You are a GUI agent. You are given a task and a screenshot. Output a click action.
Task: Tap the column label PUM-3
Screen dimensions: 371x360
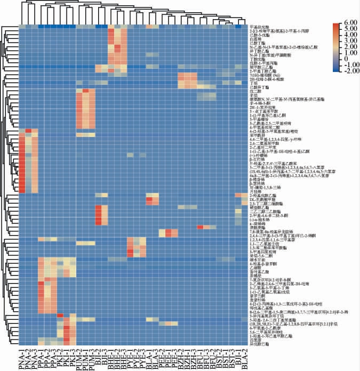pos(92,358)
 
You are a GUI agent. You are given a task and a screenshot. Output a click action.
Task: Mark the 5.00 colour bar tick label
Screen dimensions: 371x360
pos(348,30)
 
